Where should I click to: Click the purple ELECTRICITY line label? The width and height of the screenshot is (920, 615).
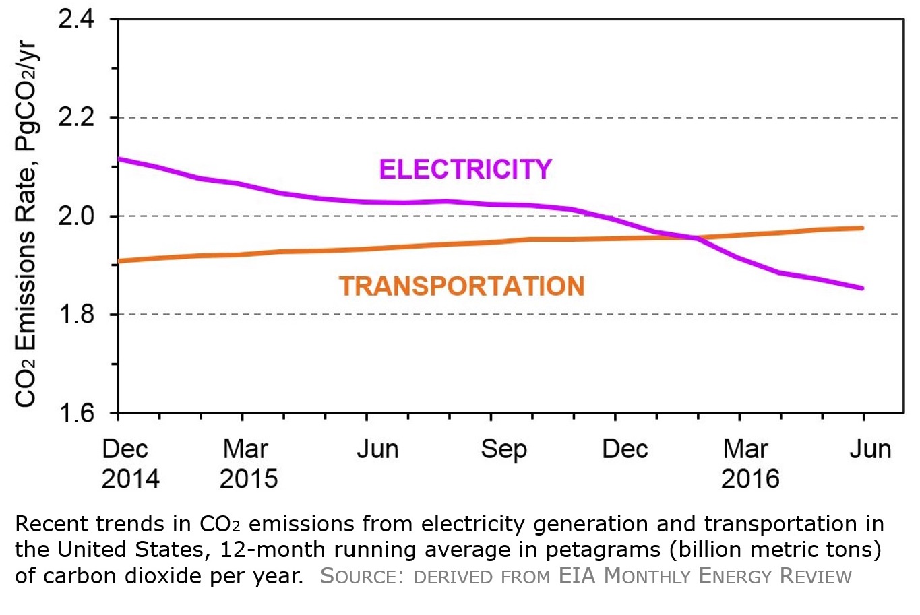pos(465,169)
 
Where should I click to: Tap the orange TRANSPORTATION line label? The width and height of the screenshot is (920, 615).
pos(462,286)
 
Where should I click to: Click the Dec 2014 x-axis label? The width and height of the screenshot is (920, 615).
pos(130,463)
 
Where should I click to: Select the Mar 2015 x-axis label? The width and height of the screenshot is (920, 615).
pos(248,463)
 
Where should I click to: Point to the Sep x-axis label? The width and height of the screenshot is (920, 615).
pos(503,449)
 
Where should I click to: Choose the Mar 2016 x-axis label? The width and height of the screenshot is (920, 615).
pos(749,463)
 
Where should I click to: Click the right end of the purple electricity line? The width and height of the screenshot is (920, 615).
pos(863,288)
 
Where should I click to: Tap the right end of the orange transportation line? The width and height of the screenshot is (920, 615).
pos(863,228)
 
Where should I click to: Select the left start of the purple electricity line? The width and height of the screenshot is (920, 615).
pos(119,159)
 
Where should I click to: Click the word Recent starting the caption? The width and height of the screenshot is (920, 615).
pos(51,524)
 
